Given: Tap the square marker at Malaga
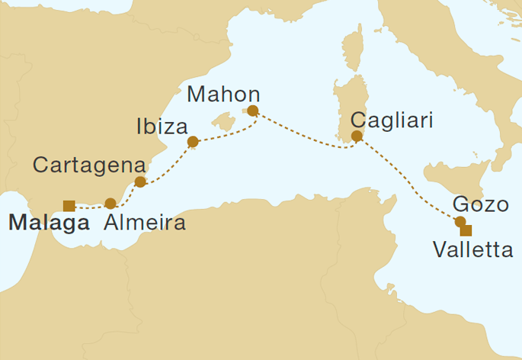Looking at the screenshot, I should pyautogui.click(x=69, y=204).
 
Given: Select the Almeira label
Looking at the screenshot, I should pyautogui.click(x=143, y=223).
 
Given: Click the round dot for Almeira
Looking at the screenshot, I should pyautogui.click(x=110, y=204).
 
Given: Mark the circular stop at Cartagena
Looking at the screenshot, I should pyautogui.click(x=140, y=182).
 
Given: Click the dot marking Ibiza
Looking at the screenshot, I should pyautogui.click(x=193, y=142).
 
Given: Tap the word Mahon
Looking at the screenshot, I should pyautogui.click(x=223, y=95).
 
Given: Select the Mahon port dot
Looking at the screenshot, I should pyautogui.click(x=253, y=111).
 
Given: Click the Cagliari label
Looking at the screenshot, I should pyautogui.click(x=392, y=121).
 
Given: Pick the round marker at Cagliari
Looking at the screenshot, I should pyautogui.click(x=356, y=137).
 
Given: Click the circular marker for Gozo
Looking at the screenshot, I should pyautogui.click(x=460, y=222).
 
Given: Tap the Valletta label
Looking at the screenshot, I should pyautogui.click(x=472, y=249).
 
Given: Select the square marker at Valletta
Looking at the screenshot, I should pyautogui.click(x=466, y=230).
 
